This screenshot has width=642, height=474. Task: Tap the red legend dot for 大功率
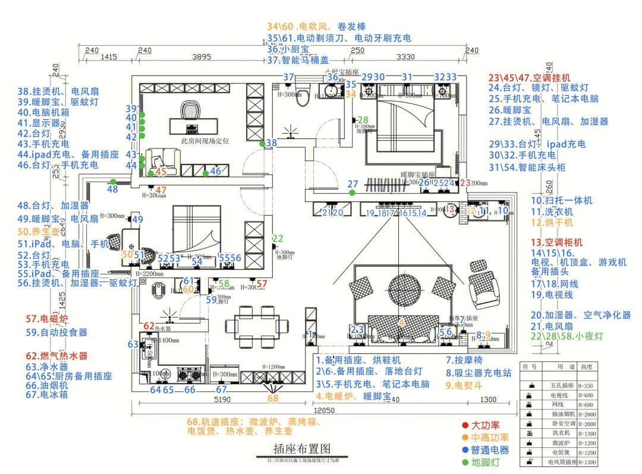click(x=465, y=425)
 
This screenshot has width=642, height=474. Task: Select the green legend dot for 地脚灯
click(x=465, y=462)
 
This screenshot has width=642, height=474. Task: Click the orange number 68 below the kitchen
click(x=273, y=399)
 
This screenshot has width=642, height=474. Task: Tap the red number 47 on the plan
click(x=161, y=190)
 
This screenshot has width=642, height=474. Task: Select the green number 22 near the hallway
click(x=278, y=239)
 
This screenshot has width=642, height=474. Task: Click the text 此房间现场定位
click(x=205, y=141)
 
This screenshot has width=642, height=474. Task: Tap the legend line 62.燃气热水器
click(x=56, y=356)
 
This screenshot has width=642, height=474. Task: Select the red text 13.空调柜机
click(x=557, y=242)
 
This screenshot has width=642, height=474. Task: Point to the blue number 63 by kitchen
click(x=133, y=345)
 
